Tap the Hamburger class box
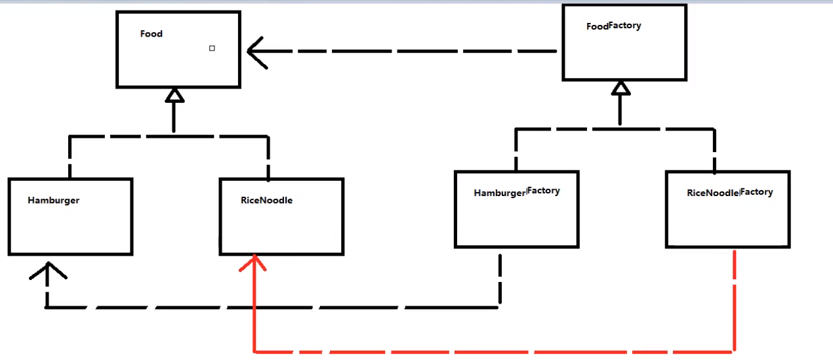(70, 226)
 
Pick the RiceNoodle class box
(281, 226)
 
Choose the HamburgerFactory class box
(516, 220)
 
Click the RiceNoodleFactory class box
(727, 220)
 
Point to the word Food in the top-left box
(152, 34)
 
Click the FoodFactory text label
(613, 26)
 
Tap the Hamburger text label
(54, 200)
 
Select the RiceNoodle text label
(266, 200)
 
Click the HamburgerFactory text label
(516, 192)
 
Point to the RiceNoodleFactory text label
(729, 193)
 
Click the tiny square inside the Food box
(212, 48)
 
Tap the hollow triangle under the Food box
(174, 96)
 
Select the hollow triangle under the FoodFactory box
(620, 89)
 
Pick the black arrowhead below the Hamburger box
(48, 271)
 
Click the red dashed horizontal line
(492, 351)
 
